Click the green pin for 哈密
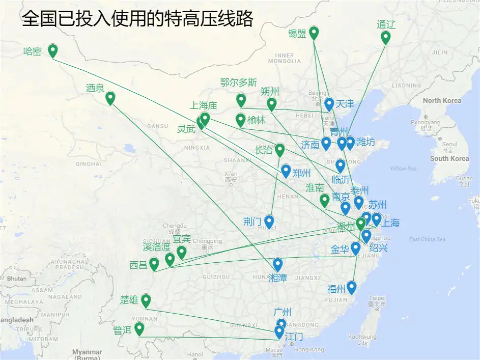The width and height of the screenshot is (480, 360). (52, 50)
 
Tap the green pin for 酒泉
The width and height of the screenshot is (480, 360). (110, 98)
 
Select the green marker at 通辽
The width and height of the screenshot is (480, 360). (385, 37)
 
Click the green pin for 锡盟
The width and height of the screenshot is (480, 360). (314, 33)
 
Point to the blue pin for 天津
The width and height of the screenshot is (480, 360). (329, 104)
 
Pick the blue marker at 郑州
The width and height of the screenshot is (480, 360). (286, 171)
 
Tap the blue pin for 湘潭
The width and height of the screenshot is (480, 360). (277, 264)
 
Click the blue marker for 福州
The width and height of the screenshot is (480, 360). (351, 288)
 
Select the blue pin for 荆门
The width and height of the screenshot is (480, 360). (269, 221)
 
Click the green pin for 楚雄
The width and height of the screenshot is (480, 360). (146, 300)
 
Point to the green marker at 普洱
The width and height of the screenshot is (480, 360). (139, 329)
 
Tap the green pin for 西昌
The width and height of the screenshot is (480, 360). (154, 264)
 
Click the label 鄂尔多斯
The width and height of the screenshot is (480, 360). (238, 82)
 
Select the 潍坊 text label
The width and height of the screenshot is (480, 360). (365, 142)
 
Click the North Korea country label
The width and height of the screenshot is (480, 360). (442, 100)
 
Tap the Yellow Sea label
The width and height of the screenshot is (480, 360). (403, 169)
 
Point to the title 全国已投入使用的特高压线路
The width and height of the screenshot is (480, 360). (137, 19)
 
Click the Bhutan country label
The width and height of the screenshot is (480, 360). (16, 279)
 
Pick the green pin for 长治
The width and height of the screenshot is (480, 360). (279, 150)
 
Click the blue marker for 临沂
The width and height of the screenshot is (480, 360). (340, 165)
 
